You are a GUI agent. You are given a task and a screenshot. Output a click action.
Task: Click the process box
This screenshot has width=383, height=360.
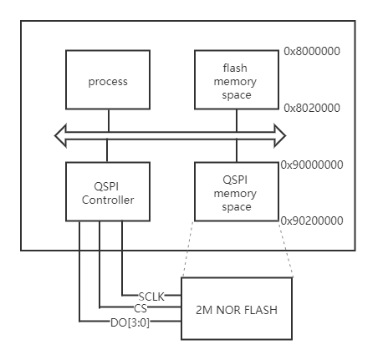(x=108, y=80)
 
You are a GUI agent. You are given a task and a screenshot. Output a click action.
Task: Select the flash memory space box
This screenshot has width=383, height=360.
(x=235, y=80)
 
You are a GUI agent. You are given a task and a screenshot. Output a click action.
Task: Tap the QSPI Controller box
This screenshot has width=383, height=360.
(x=108, y=192)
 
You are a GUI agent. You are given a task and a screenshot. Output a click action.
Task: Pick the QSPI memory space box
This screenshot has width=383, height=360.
(x=235, y=192)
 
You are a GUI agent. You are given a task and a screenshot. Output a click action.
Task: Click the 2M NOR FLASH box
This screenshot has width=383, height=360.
(x=237, y=308)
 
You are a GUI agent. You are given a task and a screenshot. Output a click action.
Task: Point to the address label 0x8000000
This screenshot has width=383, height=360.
(x=311, y=51)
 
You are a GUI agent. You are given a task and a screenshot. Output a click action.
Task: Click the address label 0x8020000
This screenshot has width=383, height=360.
(x=311, y=108)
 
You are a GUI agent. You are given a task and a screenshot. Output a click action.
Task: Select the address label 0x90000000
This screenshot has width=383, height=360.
(x=311, y=165)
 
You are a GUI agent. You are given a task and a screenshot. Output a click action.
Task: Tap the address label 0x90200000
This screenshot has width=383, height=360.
(x=311, y=221)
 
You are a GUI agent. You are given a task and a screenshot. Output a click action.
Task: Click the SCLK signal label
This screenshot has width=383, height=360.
(x=151, y=297)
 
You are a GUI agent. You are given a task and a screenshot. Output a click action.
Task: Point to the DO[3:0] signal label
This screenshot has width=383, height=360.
(x=130, y=320)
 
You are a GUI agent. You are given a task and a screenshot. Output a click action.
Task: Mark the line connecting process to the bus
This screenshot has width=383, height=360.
(x=108, y=119)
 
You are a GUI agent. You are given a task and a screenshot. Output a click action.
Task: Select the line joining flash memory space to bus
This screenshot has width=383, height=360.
(x=235, y=119)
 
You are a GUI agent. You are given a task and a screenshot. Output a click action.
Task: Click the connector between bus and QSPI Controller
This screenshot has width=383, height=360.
(x=108, y=150)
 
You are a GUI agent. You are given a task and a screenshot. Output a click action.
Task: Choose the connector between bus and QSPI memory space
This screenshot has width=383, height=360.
(x=235, y=150)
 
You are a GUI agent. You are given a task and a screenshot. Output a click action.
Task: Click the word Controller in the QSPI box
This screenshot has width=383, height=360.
(x=108, y=200)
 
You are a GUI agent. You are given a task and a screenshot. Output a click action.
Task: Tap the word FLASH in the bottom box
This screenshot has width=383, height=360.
(x=259, y=309)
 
